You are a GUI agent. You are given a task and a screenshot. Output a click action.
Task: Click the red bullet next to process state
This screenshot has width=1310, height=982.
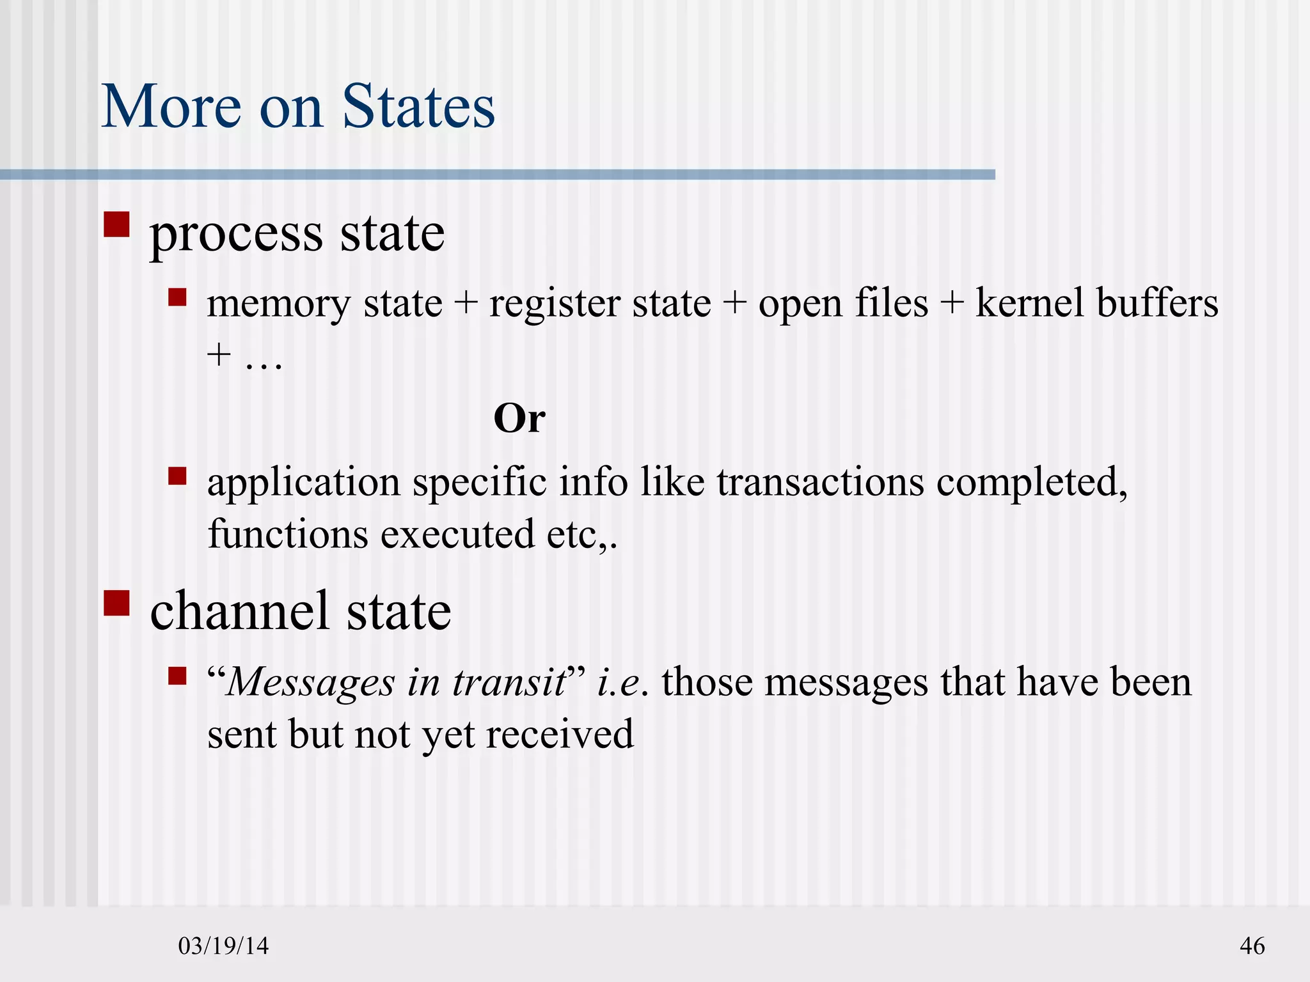click(116, 224)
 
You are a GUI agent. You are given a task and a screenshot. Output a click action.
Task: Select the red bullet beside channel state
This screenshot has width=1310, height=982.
click(116, 602)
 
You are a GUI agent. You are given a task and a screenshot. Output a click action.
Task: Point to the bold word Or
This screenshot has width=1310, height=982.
click(519, 419)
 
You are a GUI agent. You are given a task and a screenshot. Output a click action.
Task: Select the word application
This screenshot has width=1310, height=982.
click(303, 483)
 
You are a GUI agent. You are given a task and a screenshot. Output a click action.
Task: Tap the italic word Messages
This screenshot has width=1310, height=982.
click(312, 683)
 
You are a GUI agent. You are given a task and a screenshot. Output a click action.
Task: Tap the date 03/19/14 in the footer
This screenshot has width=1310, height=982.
click(223, 946)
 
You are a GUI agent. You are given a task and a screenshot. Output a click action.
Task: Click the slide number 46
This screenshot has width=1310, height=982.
click(1252, 946)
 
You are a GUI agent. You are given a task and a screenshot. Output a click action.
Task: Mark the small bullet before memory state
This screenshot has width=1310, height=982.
click(177, 297)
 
